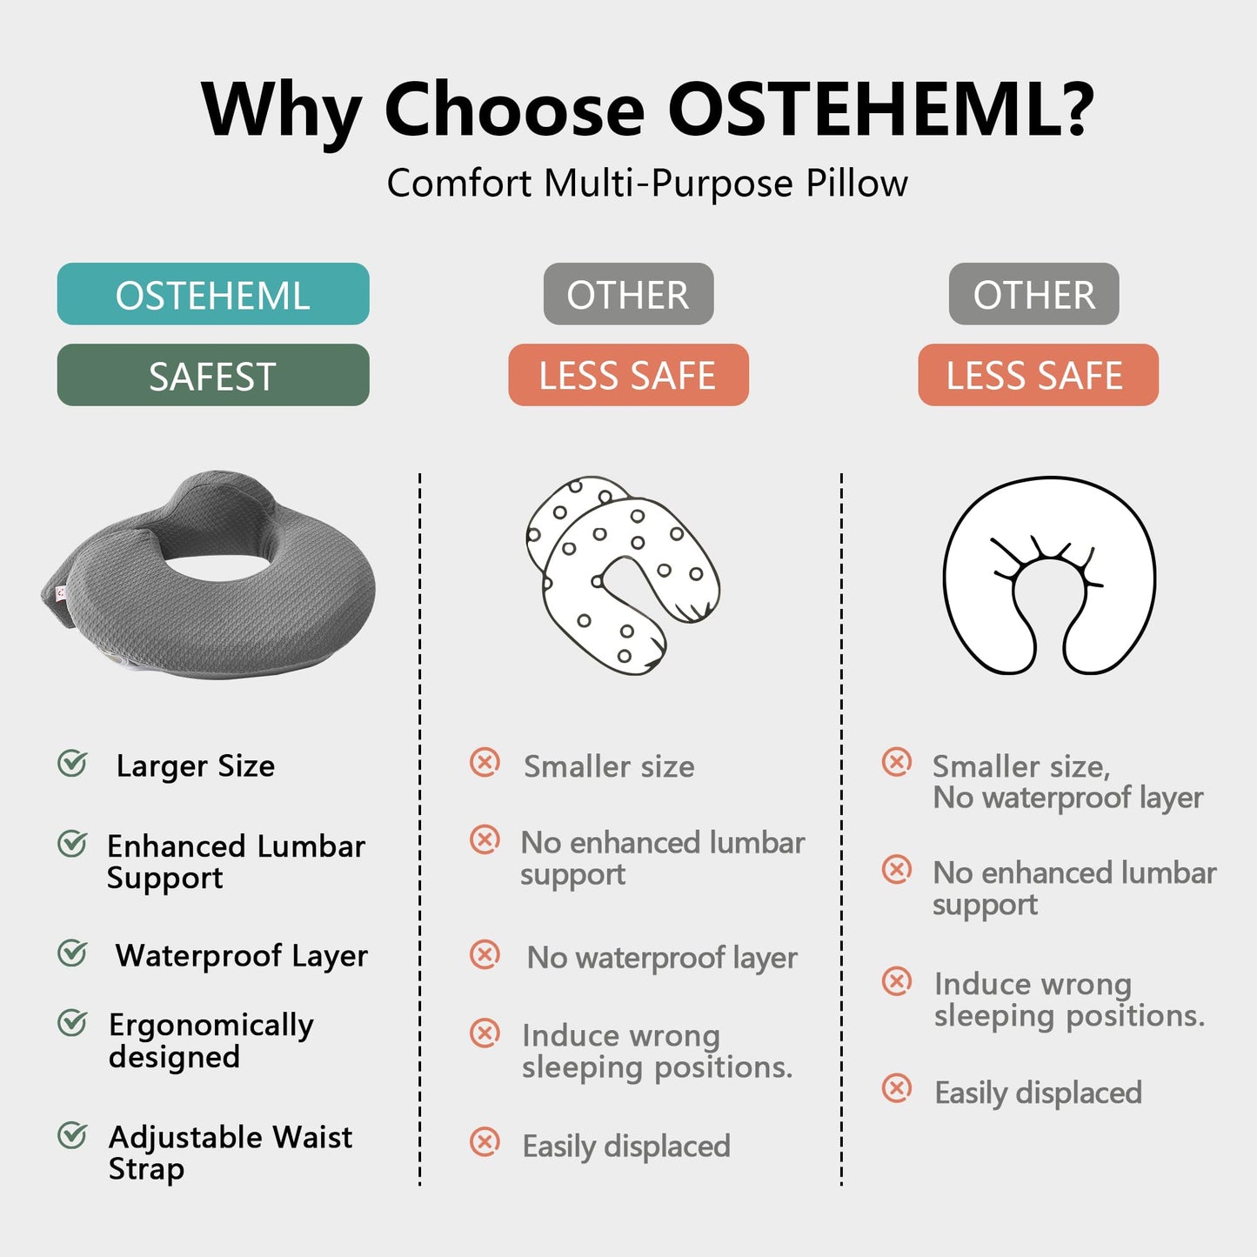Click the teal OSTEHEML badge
(x=213, y=294)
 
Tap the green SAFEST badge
(x=213, y=375)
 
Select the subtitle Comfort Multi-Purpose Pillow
(x=647, y=184)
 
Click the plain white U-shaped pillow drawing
(x=1049, y=576)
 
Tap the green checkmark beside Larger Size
(x=72, y=764)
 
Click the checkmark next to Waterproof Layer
(x=72, y=953)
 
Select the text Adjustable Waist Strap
(x=231, y=1153)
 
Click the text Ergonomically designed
(x=211, y=1040)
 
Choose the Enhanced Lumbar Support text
(x=236, y=861)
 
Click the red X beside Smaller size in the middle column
(x=485, y=763)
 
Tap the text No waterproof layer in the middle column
(x=662, y=958)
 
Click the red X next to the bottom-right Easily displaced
(x=897, y=1088)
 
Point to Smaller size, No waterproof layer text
(x=1067, y=781)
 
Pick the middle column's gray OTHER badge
(x=628, y=294)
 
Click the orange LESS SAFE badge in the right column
(x=1038, y=375)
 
